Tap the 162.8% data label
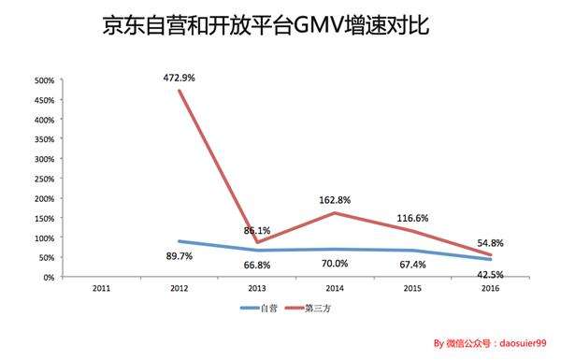[332, 198]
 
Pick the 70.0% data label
[332, 264]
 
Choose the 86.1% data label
[257, 229]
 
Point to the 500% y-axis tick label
[45, 80]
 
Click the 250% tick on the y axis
[45, 179]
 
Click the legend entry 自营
[265, 307]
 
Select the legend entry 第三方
[313, 307]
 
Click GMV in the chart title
[318, 25]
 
